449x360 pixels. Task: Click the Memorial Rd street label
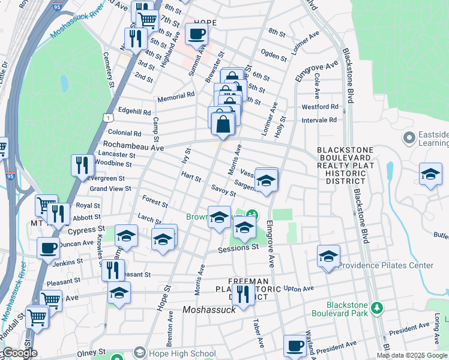coord(176,95)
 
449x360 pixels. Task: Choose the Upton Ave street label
coord(300,289)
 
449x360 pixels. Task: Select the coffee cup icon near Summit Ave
coord(196,34)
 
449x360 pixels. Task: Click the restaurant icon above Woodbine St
coord(82,164)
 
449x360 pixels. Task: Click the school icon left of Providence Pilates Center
coord(328,256)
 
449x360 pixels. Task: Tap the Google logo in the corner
coord(19,353)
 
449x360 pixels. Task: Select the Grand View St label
coord(110,188)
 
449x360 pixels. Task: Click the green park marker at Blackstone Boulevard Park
coord(376,308)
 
